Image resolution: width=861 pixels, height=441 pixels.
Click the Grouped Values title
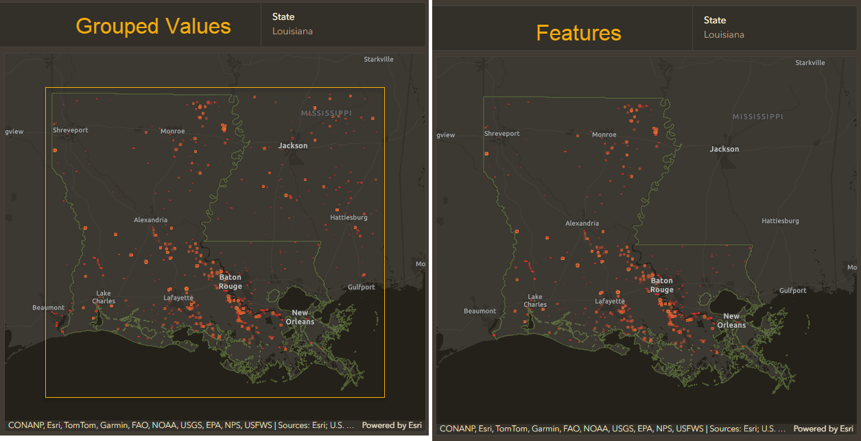point(153,26)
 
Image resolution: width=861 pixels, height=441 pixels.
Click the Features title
point(578,33)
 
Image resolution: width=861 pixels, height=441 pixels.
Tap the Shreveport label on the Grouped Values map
point(71,130)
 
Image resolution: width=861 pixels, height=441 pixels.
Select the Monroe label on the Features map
point(604,135)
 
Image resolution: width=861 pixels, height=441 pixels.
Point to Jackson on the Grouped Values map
point(293,145)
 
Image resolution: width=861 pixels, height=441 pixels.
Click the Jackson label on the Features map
point(724,149)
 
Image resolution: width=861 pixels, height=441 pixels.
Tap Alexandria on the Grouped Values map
point(150,220)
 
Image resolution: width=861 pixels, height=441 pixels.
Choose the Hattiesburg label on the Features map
point(780,222)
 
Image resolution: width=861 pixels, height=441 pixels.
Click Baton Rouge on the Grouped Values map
point(231,282)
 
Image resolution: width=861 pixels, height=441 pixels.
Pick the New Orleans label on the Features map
point(731,321)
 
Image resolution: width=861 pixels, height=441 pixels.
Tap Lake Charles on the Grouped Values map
point(104,297)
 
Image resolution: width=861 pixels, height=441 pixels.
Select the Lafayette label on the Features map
point(610,301)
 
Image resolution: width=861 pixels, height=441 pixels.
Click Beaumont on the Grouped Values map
point(49,307)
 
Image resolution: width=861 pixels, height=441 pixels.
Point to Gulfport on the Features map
point(793,291)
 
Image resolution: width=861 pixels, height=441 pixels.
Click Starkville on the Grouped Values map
point(379,60)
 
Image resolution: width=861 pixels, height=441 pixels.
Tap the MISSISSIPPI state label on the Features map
point(757,117)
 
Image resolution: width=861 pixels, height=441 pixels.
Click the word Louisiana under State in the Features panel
point(724,35)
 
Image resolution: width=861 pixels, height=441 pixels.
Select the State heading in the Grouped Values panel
point(283,17)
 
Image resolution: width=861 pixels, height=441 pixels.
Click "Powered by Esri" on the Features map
point(823,429)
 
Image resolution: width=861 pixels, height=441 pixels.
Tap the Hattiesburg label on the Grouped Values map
point(349,217)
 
